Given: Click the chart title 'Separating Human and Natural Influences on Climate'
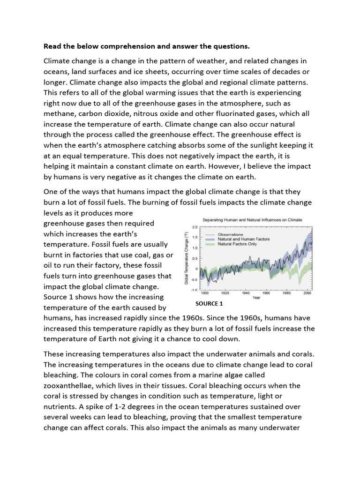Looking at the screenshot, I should pos(252,219).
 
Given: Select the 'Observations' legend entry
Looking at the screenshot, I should pos(230,234).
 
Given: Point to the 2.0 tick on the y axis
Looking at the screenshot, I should pos(194,227).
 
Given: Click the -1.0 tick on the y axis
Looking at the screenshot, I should pos(193,290).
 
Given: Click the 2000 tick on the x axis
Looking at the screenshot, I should pos(307,293).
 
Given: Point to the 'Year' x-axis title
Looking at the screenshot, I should pos(256,297).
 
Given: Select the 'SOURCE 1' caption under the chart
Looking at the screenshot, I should pos(209,303).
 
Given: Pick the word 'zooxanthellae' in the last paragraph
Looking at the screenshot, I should pos(68,385).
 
